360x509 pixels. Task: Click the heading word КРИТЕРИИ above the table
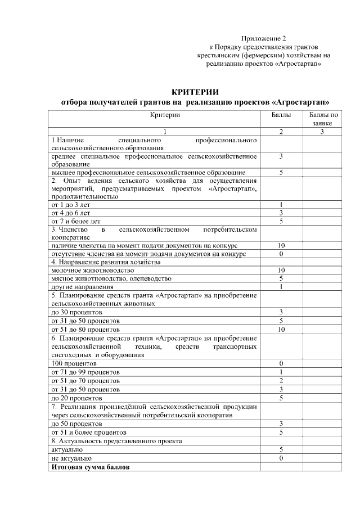(195, 92)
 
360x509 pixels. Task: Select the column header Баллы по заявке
(323, 119)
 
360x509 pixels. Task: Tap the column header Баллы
(281, 115)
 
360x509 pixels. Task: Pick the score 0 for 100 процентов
(280, 364)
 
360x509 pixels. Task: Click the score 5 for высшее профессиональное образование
(280, 172)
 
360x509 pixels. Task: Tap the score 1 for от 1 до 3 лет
(280, 205)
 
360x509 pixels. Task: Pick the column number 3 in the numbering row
(322, 132)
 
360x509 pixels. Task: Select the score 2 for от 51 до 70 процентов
(280, 381)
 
